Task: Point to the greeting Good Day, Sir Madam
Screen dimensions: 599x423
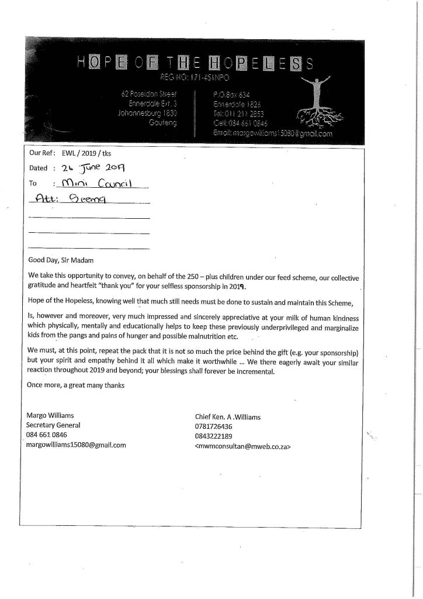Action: point(60,259)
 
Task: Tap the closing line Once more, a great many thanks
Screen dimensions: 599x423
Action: point(76,385)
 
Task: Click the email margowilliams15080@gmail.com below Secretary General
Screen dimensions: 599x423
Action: point(77,445)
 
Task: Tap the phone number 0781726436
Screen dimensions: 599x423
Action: point(213,426)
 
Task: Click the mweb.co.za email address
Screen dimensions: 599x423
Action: point(242,446)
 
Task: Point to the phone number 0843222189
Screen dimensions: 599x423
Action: point(213,436)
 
